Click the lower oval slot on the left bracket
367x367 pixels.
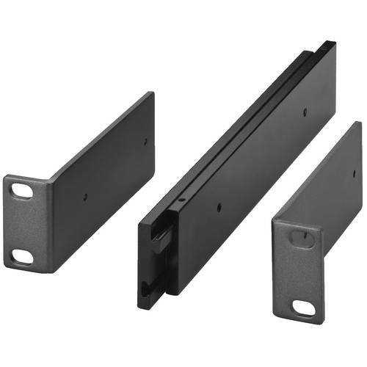click(23, 256)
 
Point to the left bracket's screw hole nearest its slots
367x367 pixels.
click(86, 197)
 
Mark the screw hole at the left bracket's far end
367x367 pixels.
click(145, 141)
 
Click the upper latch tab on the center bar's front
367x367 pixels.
click(161, 236)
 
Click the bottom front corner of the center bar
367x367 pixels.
click(141, 305)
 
